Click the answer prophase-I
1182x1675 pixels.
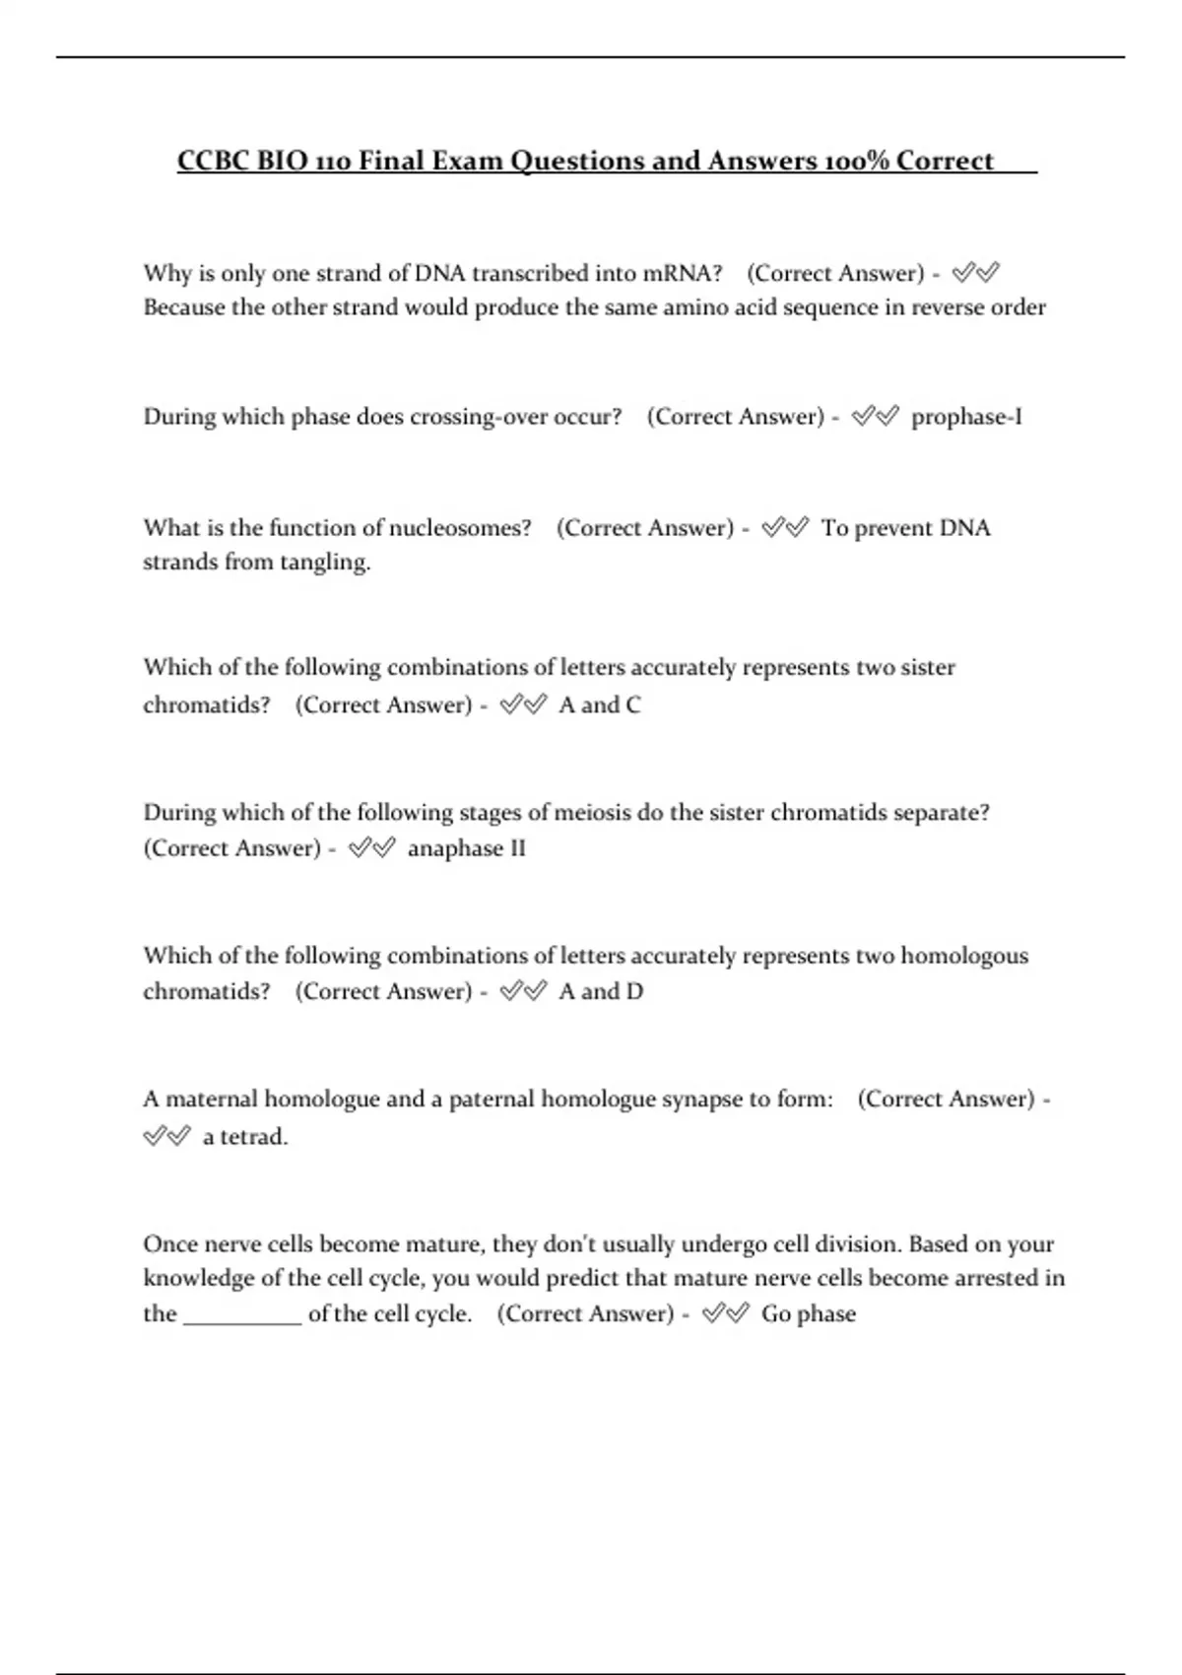point(966,417)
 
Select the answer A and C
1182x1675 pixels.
point(600,705)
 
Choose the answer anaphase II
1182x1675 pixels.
point(467,848)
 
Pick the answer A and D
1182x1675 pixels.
point(601,991)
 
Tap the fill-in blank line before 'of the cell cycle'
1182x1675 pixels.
point(242,1320)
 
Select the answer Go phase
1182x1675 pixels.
point(809,1314)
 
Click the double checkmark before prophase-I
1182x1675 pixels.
point(875,417)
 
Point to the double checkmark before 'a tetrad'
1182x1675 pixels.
point(166,1137)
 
